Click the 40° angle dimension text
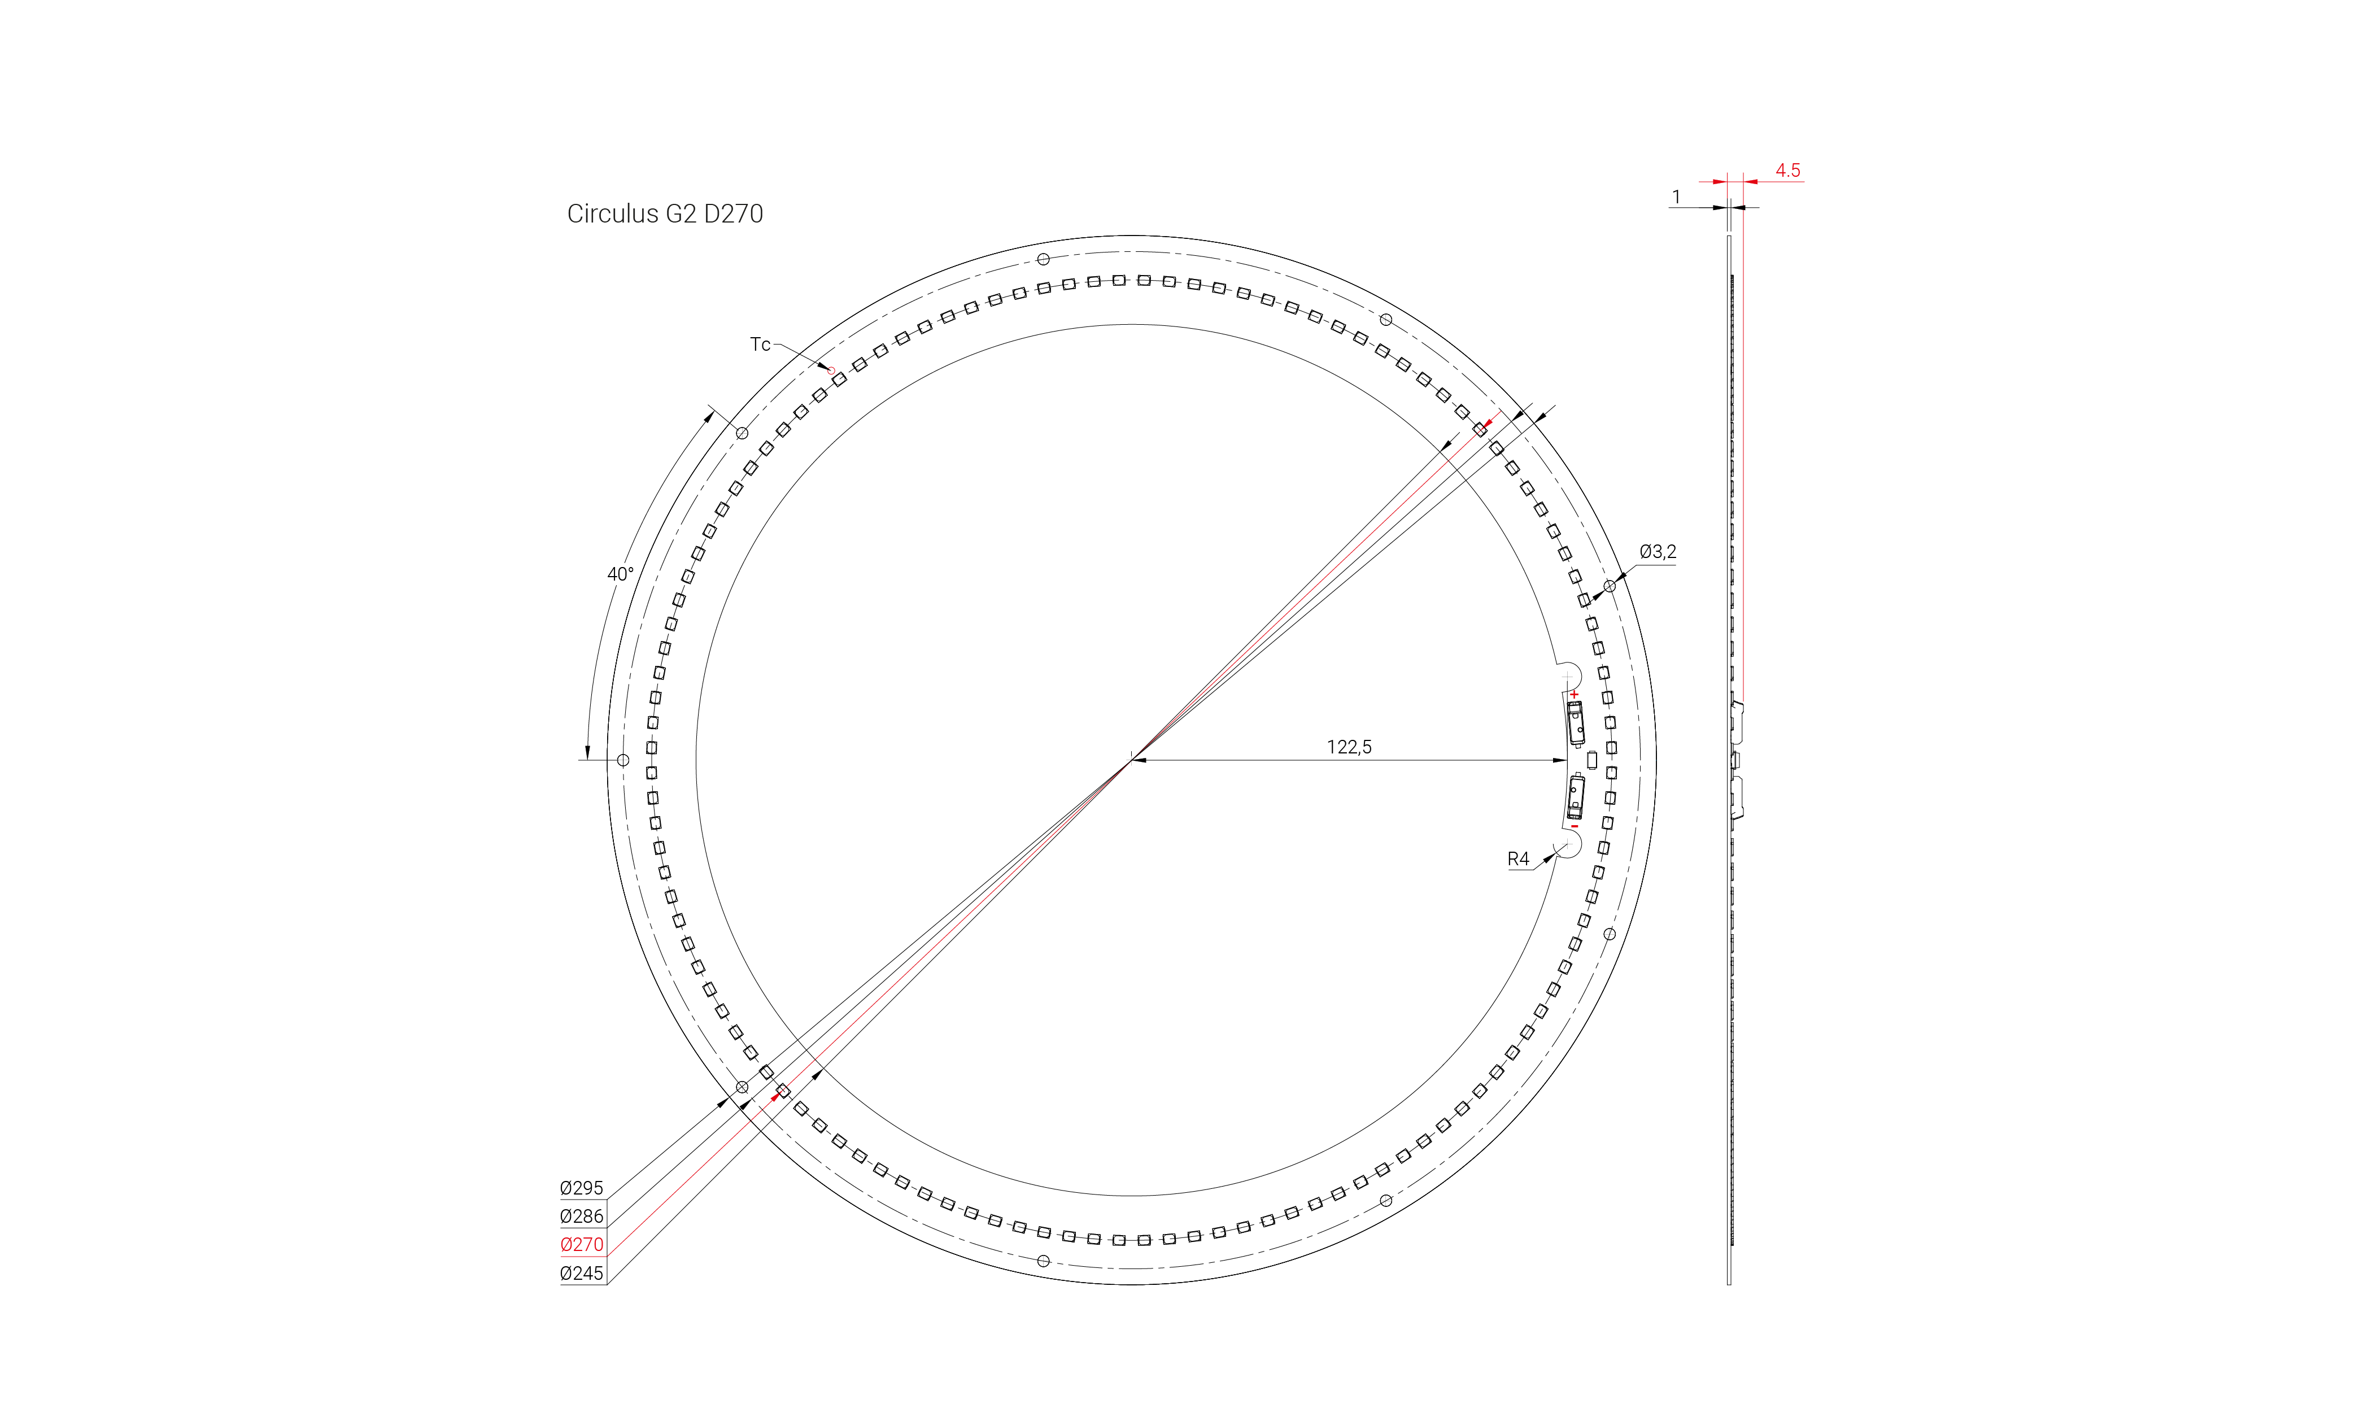tap(620, 574)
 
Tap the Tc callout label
tap(760, 345)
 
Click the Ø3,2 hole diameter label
tap(1658, 551)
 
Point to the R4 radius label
tap(1518, 858)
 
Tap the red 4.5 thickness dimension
tap(1787, 170)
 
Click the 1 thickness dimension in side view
tap(1676, 197)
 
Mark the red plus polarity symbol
tap(1574, 695)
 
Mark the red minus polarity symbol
tap(1574, 826)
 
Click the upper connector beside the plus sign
tap(1576, 724)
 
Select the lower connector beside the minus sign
tap(1576, 797)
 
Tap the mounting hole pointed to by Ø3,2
tap(1609, 586)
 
